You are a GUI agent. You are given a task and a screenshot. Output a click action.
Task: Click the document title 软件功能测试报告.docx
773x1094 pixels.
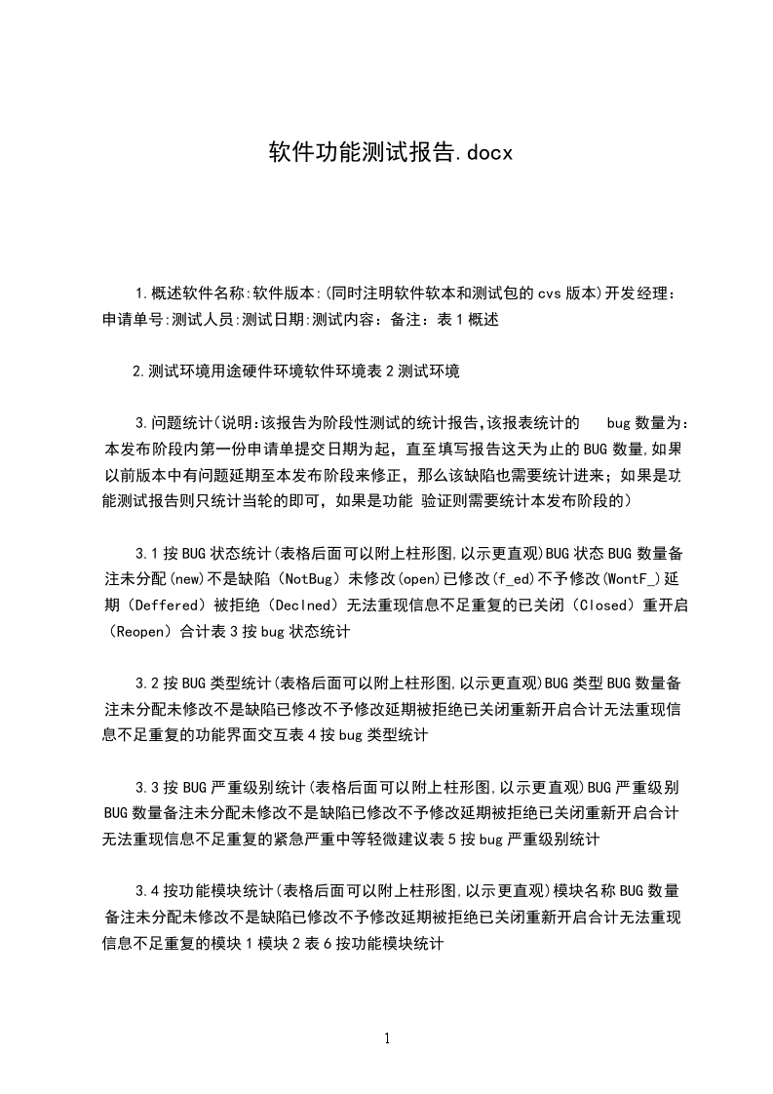coord(389,152)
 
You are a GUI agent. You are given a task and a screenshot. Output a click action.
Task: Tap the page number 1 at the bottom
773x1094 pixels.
coord(387,1038)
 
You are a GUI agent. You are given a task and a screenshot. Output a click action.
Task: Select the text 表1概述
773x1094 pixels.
coord(469,319)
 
